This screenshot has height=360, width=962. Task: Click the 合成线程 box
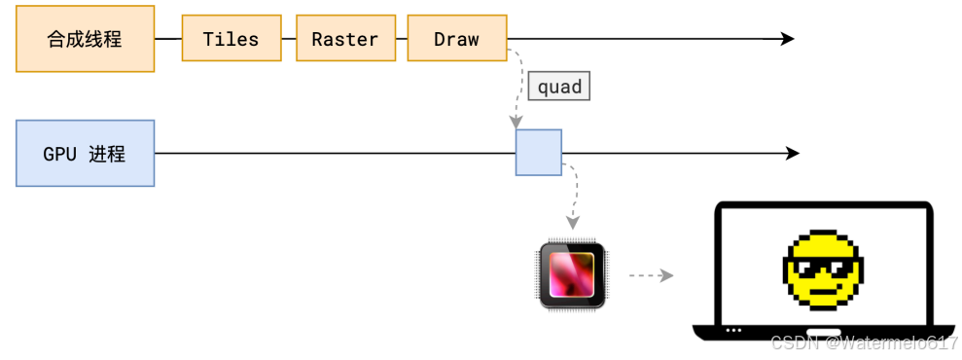[86, 39]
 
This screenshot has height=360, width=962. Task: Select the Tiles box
[232, 39]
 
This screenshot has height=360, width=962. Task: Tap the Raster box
[345, 39]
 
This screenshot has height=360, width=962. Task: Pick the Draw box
[457, 39]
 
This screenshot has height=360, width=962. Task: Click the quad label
[559, 88]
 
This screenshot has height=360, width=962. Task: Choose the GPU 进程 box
[86, 154]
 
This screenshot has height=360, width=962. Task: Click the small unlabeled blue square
[539, 153]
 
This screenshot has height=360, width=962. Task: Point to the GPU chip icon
[572, 274]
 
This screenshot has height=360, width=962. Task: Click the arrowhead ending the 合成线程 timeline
[787, 39]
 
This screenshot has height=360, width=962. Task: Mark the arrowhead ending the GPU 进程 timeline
[792, 153]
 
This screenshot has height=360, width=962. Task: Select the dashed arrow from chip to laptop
[651, 276]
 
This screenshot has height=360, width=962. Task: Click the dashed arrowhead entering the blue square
[517, 123]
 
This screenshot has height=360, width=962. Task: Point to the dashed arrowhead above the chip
[572, 222]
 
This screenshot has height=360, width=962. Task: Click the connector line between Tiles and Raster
[289, 39]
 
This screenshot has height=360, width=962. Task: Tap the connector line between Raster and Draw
[402, 39]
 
